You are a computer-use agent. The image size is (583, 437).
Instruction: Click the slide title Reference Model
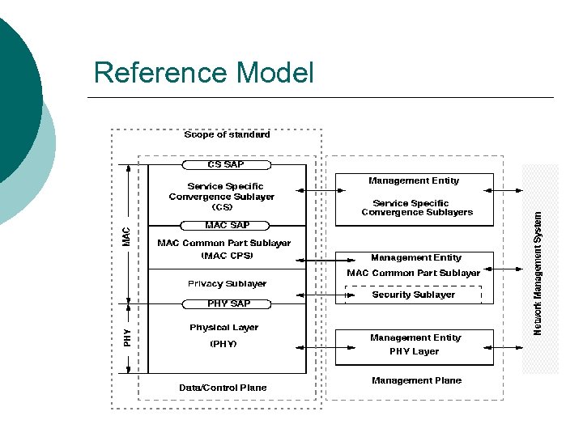click(x=203, y=73)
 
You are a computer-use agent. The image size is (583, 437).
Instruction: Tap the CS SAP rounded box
click(x=227, y=165)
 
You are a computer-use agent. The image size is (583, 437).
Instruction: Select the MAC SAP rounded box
click(x=227, y=225)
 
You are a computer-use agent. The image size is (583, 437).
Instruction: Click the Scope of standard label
click(x=227, y=134)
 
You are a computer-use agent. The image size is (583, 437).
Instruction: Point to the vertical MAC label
click(x=126, y=236)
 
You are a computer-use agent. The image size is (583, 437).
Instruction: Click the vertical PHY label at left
click(x=126, y=337)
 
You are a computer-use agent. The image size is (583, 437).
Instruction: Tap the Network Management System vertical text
click(x=538, y=272)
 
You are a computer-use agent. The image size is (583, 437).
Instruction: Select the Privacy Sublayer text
click(x=227, y=284)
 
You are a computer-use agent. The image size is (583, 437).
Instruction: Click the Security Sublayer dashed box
click(x=413, y=295)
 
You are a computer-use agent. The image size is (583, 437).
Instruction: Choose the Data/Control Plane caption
click(x=223, y=388)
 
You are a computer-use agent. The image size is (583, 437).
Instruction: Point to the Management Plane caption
click(x=416, y=380)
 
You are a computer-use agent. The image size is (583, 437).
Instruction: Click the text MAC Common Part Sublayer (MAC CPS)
click(x=224, y=249)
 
